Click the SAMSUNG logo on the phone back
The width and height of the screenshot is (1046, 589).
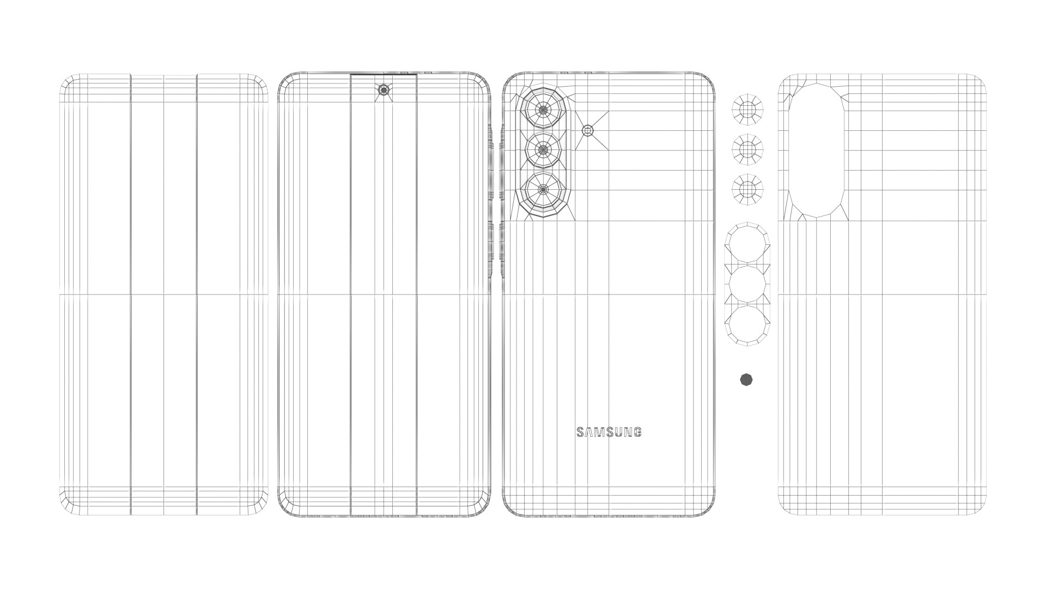tap(609, 432)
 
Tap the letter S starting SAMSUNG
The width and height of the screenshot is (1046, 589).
tap(581, 432)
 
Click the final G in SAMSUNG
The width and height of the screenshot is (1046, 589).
tap(637, 432)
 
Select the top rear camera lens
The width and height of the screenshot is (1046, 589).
tap(543, 110)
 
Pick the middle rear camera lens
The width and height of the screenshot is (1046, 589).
tap(543, 149)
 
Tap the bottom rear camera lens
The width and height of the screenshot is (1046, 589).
tap(543, 189)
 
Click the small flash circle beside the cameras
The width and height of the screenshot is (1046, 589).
tap(588, 130)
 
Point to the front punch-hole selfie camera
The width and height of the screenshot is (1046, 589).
tap(384, 91)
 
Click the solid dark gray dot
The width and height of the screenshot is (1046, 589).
tap(746, 380)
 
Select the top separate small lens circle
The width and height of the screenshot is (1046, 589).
tap(747, 110)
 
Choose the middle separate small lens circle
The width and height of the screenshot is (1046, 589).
tap(747, 149)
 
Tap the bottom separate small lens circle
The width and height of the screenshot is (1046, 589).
tap(747, 189)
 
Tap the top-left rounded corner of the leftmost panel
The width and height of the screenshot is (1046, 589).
tap(66, 82)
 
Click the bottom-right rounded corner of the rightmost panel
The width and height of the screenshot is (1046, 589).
tap(978, 507)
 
